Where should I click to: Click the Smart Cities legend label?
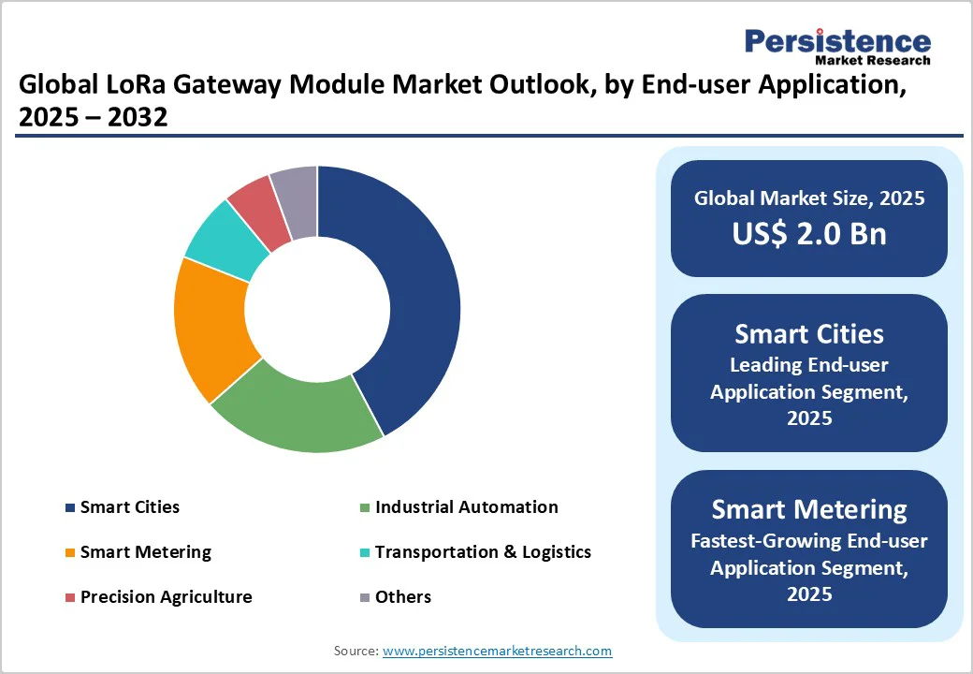tap(129, 507)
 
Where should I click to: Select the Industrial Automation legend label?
tap(466, 507)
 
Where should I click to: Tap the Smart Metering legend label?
tap(145, 552)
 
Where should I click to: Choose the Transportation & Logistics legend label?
tap(483, 552)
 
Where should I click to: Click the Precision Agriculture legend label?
tap(166, 597)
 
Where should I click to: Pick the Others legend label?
tap(403, 597)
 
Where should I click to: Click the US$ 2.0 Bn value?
tap(809, 234)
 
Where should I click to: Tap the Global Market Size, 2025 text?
tap(809, 198)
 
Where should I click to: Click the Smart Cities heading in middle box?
tap(809, 334)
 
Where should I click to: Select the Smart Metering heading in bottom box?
tap(809, 510)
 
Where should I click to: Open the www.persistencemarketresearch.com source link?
tap(497, 651)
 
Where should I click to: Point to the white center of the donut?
tap(318, 309)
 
